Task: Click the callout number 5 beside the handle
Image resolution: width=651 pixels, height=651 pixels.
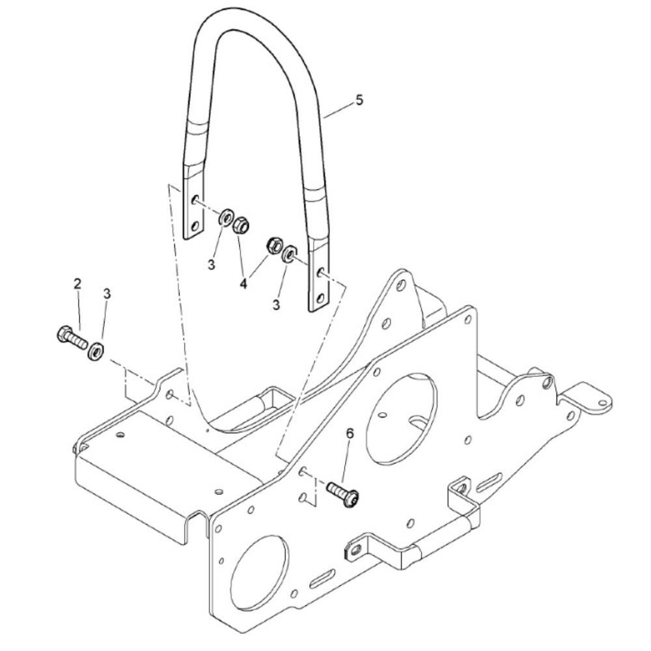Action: pos(359,100)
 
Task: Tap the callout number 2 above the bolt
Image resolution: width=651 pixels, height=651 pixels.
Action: pos(77,284)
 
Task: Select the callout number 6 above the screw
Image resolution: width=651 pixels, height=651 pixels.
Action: pos(350,434)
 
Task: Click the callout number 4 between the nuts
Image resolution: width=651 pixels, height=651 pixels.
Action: pos(243,284)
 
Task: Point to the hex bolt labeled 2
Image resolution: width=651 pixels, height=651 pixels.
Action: pos(72,338)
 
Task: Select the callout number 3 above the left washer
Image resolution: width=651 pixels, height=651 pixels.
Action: pos(107,294)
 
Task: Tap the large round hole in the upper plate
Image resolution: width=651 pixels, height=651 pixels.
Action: pos(402,418)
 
